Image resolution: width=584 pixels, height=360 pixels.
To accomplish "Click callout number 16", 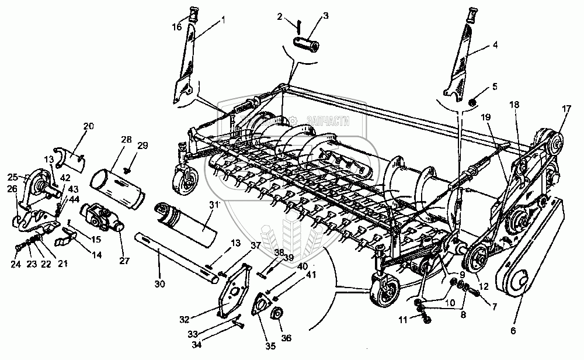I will [177, 27].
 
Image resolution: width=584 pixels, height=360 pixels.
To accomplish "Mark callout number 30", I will [161, 283].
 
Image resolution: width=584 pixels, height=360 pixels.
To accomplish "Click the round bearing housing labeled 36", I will [276, 314].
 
